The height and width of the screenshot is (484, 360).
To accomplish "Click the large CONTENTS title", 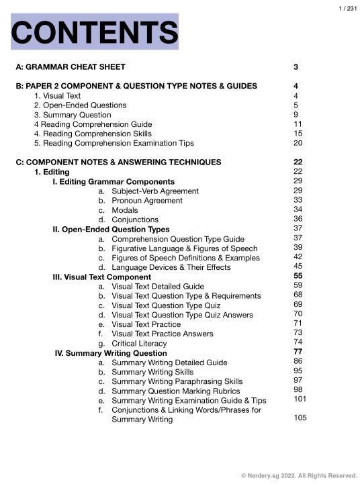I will (x=95, y=32).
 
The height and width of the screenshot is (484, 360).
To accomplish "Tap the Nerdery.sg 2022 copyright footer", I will (x=299, y=475).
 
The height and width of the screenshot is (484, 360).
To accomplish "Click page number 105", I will (x=300, y=418).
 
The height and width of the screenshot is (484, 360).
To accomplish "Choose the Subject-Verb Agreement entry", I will (x=155, y=191).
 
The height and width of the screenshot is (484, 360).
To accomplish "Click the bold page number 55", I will (x=298, y=276).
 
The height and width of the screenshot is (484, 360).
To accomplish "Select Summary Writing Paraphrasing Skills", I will (x=177, y=381).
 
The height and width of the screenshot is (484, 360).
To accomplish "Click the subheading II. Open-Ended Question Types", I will (x=111, y=230).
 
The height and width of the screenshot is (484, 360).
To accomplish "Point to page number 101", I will (x=300, y=399).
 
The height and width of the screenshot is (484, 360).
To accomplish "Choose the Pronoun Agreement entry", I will (x=147, y=201).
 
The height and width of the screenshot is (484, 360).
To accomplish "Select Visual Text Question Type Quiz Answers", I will (x=182, y=315).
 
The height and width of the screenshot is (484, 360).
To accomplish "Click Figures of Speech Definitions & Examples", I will (x=180, y=258).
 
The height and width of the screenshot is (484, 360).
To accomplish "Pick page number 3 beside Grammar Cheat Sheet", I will (x=296, y=67).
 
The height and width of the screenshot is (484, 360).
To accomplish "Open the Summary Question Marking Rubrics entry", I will (x=175, y=391).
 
